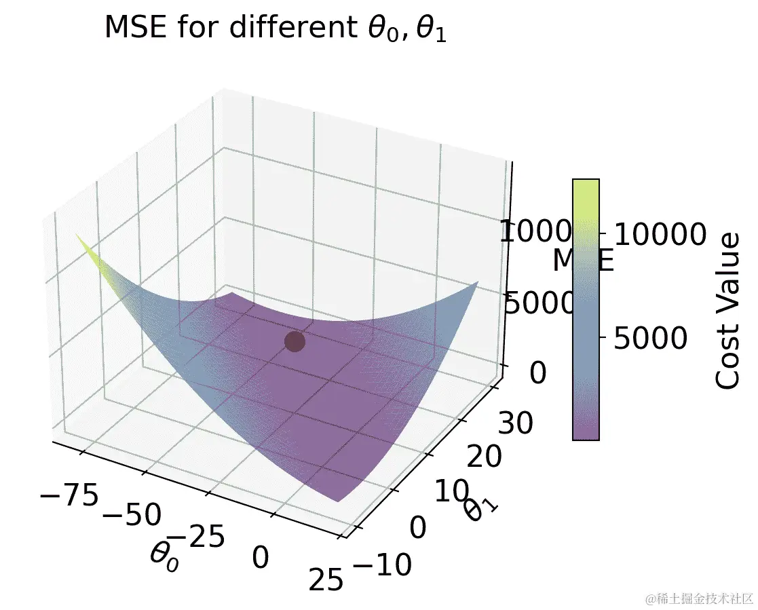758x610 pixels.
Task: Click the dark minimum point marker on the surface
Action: click(x=295, y=341)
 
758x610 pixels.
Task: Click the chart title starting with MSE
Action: click(x=276, y=28)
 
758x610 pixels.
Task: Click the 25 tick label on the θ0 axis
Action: click(x=325, y=580)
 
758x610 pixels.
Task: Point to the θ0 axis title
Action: click(x=165, y=558)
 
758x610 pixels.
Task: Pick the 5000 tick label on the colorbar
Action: click(x=650, y=337)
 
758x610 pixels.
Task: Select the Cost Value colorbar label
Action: click(x=728, y=310)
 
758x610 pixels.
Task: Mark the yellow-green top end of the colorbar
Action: click(x=586, y=186)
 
